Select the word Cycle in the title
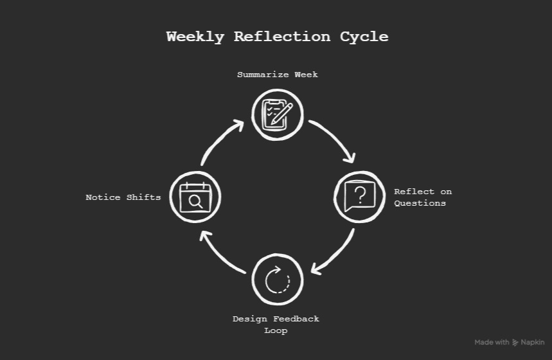click(x=364, y=37)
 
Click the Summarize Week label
click(x=277, y=75)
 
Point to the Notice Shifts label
click(x=123, y=197)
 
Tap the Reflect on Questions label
click(x=422, y=197)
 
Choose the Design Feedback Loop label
click(x=276, y=325)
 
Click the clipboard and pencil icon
click(x=277, y=114)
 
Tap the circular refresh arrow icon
click(x=277, y=280)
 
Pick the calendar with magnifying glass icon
click(x=195, y=197)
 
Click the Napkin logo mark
click(x=515, y=343)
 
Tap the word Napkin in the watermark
click(x=533, y=343)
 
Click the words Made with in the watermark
click(x=492, y=343)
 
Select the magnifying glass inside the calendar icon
click(x=196, y=202)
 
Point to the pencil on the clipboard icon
click(x=281, y=114)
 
